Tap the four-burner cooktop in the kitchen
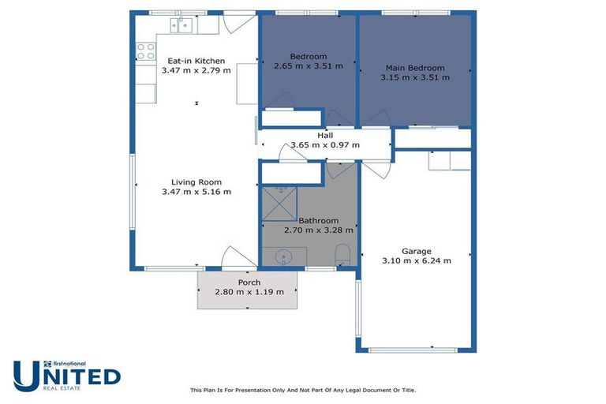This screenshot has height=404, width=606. [146, 52]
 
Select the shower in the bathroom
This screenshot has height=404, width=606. [278, 203]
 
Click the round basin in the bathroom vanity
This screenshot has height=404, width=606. [284, 256]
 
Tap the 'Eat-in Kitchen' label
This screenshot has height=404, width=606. [196, 61]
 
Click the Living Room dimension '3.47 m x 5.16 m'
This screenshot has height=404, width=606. [196, 192]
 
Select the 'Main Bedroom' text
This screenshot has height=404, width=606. [415, 68]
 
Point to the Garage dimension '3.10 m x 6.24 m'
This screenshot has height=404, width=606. [416, 261]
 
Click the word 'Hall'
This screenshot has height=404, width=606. [325, 135]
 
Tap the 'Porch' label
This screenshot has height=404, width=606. [249, 282]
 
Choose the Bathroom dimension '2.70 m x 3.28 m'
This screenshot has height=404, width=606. [318, 230]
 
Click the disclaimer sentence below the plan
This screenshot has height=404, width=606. [303, 390]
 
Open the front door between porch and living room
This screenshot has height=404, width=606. [239, 259]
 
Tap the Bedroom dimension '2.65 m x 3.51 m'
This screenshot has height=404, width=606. [308, 66]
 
